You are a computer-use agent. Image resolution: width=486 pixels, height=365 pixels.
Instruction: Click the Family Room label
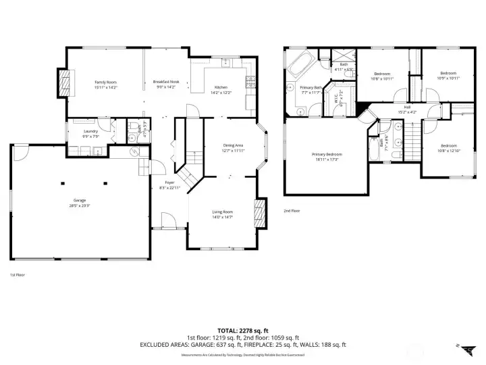pos(106,84)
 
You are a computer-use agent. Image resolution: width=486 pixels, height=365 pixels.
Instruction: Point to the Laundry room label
pos(91,133)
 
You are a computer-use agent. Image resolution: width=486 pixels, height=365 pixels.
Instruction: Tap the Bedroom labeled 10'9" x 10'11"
pos(448,75)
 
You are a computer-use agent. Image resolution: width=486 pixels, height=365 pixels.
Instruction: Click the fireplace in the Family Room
pos(65,84)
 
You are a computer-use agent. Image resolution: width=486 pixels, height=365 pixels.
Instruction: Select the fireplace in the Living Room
pos(259,214)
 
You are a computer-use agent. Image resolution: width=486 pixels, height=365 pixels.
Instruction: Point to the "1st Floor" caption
pos(18,274)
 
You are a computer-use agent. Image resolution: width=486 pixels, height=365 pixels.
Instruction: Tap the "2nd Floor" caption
pos(291,211)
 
